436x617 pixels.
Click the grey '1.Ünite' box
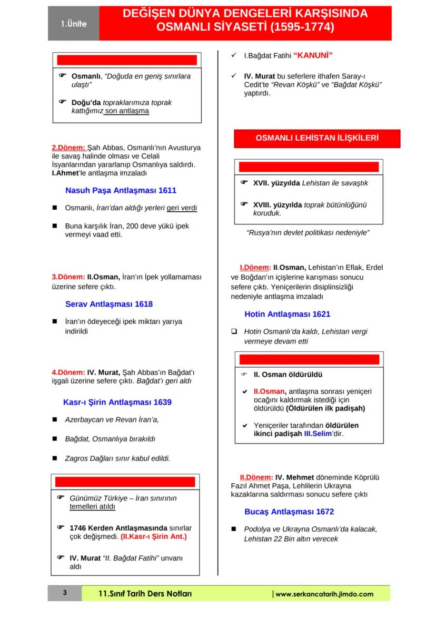pyautogui.click(x=73, y=24)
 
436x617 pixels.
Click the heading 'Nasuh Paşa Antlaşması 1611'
pyautogui.click(x=121, y=190)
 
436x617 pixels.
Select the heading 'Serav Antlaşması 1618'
pyautogui.click(x=109, y=304)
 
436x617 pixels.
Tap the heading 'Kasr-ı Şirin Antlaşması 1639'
pyautogui.click(x=117, y=402)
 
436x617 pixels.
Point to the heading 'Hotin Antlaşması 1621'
pyautogui.click(x=287, y=314)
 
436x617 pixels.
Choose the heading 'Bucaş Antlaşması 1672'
pyautogui.click(x=289, y=512)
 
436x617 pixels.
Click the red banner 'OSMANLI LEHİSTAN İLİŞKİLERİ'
pyautogui.click(x=317, y=138)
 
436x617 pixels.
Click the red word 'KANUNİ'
pyautogui.click(x=313, y=55)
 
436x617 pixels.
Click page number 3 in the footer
pyautogui.click(x=65, y=593)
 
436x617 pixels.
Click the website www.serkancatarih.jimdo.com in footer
pyautogui.click(x=324, y=594)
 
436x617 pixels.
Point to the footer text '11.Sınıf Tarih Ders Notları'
pyautogui.click(x=145, y=594)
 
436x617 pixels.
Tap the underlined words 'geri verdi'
pyautogui.click(x=182, y=208)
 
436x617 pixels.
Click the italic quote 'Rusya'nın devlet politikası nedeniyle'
pyautogui.click(x=308, y=232)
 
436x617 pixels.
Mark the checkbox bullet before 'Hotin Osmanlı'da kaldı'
pyautogui.click(x=234, y=332)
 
